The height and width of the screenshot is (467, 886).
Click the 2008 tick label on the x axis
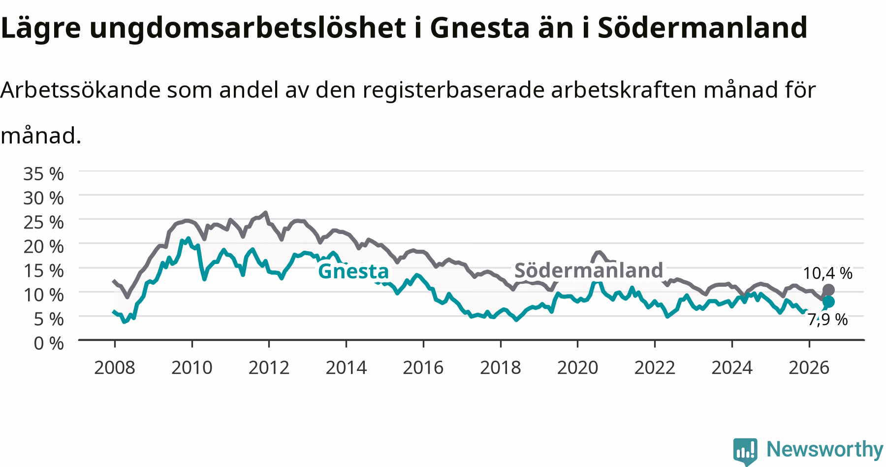pos(114,367)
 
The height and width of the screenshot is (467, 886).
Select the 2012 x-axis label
pos(269,367)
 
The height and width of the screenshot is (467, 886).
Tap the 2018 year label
pos(500,367)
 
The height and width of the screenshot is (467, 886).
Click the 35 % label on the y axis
pos(43,174)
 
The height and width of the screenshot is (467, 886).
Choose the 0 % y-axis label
pos(49,343)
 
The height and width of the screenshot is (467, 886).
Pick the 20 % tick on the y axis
pos(43,246)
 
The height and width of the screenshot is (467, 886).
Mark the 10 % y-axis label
pos(43,295)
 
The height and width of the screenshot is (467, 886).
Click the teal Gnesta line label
pos(353,271)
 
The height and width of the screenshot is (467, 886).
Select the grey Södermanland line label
pos(589,270)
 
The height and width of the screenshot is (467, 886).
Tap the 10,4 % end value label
pos(828,273)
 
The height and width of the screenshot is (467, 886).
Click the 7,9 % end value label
pos(828,320)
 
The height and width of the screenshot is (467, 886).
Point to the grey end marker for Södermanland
pos(828,290)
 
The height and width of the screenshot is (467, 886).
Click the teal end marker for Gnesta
pos(828,302)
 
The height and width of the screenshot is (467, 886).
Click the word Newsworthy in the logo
pos(825,449)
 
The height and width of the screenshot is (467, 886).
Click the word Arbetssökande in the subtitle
pos(80,90)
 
